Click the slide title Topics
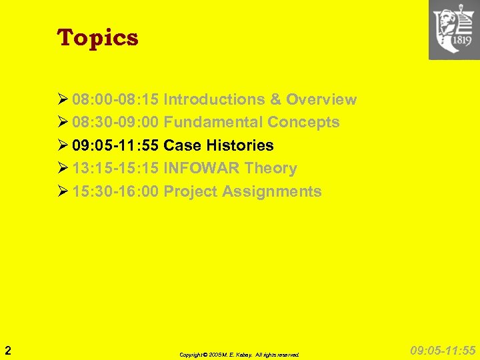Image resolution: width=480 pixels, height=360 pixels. [x=98, y=38]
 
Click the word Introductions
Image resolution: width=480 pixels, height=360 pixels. [x=214, y=100]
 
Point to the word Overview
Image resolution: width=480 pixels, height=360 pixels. [x=321, y=100]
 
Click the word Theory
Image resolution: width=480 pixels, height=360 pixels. [x=271, y=169]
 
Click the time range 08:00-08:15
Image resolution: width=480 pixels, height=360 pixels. [x=115, y=100]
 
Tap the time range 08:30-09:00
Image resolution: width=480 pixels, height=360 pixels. [x=115, y=123]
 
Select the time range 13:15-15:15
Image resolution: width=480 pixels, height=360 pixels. [x=115, y=169]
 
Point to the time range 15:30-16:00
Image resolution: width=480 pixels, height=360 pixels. [x=115, y=192]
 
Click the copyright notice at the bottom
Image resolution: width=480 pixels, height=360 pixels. [x=239, y=355]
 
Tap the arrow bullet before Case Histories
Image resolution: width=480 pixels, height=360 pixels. [x=63, y=145]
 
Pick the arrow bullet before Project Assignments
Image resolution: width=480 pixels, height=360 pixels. [x=63, y=192]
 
